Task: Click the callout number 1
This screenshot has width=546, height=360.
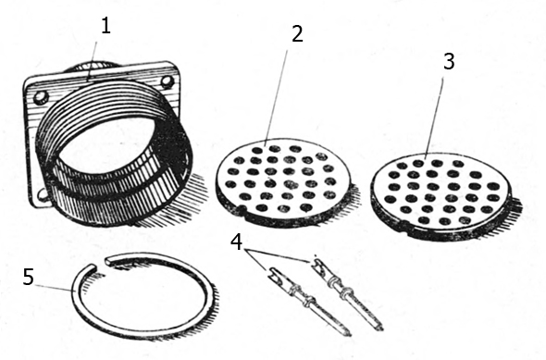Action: [105, 26]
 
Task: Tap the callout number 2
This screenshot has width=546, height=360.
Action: [297, 33]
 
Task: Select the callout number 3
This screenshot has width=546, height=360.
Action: [449, 62]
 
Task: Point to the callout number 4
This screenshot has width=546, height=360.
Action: [236, 242]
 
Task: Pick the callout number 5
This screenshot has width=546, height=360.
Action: [29, 277]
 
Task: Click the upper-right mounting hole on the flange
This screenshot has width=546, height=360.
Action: [168, 81]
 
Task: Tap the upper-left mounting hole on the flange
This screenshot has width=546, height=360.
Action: [41, 97]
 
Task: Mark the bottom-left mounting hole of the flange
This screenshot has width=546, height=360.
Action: [43, 194]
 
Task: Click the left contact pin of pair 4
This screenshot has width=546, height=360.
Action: [308, 301]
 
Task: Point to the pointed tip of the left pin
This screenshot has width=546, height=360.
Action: [350, 335]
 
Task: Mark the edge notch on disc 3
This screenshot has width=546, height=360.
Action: [405, 224]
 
